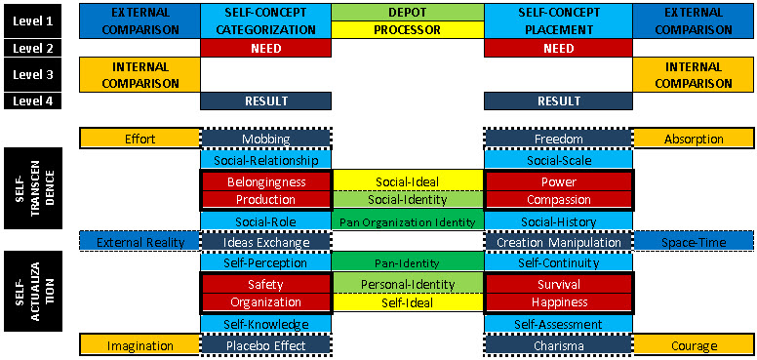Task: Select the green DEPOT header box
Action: (x=407, y=12)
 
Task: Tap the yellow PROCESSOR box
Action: (x=407, y=29)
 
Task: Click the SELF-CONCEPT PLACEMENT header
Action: (x=558, y=20)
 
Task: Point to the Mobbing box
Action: (x=265, y=139)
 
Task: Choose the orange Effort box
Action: (x=139, y=139)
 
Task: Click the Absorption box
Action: (x=693, y=139)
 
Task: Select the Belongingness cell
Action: (x=265, y=181)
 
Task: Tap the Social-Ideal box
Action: (x=407, y=181)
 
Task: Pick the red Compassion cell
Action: (x=558, y=199)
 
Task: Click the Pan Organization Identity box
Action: (x=407, y=221)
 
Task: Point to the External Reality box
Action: (x=139, y=242)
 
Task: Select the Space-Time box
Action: (x=693, y=242)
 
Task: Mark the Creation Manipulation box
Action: (x=558, y=242)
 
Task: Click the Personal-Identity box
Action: (x=407, y=284)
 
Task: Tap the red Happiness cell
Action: (x=558, y=301)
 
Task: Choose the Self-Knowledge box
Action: (x=265, y=324)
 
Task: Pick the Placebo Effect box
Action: (x=265, y=344)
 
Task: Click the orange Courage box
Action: (x=693, y=344)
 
